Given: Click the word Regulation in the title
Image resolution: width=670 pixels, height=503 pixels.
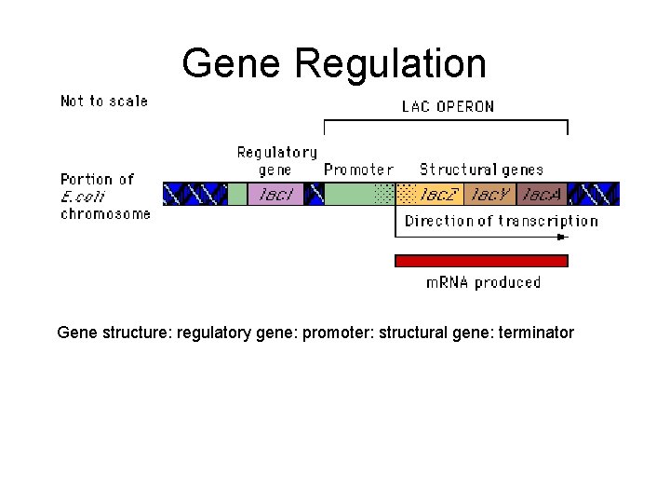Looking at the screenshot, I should tap(390, 64).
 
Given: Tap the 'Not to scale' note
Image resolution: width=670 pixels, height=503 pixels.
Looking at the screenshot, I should tap(104, 101).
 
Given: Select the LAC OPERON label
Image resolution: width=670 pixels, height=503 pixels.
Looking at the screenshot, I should tap(448, 106).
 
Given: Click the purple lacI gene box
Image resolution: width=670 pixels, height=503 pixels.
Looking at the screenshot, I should tap(276, 194).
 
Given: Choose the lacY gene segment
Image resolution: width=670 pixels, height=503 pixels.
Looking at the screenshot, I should tap(490, 194).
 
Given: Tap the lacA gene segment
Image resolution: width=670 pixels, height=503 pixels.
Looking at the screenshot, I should tap(542, 194).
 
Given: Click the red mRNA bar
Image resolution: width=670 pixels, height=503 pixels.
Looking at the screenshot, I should tap(481, 260).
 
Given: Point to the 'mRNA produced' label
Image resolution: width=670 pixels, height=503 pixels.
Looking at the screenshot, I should tap(483, 281).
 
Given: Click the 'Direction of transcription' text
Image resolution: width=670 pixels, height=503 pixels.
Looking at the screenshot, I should tap(501, 221).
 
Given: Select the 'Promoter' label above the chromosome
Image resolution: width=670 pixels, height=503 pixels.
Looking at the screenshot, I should tap(358, 170).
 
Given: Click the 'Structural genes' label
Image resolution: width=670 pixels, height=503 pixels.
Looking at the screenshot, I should tap(481, 170).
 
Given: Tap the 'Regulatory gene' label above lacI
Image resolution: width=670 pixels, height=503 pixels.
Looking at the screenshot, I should tap(276, 160).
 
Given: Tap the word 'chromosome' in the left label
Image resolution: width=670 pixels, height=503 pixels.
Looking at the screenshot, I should tap(105, 213).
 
